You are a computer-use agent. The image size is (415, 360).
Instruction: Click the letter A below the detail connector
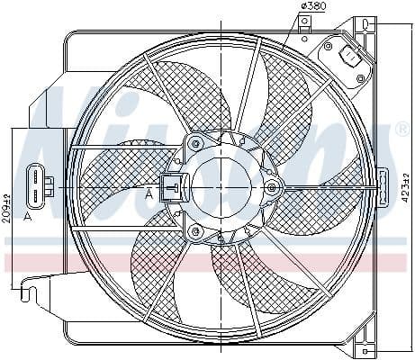click(28, 217)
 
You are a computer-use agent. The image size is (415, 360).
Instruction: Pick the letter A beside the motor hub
click(149, 193)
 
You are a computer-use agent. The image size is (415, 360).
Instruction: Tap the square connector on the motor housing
click(172, 188)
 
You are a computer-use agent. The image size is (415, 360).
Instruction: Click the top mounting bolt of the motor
click(194, 141)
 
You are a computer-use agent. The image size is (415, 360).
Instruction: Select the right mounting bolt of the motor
click(271, 187)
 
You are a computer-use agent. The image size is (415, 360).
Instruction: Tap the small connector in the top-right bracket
click(350, 58)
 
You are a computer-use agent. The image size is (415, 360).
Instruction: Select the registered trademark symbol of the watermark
click(400, 130)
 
